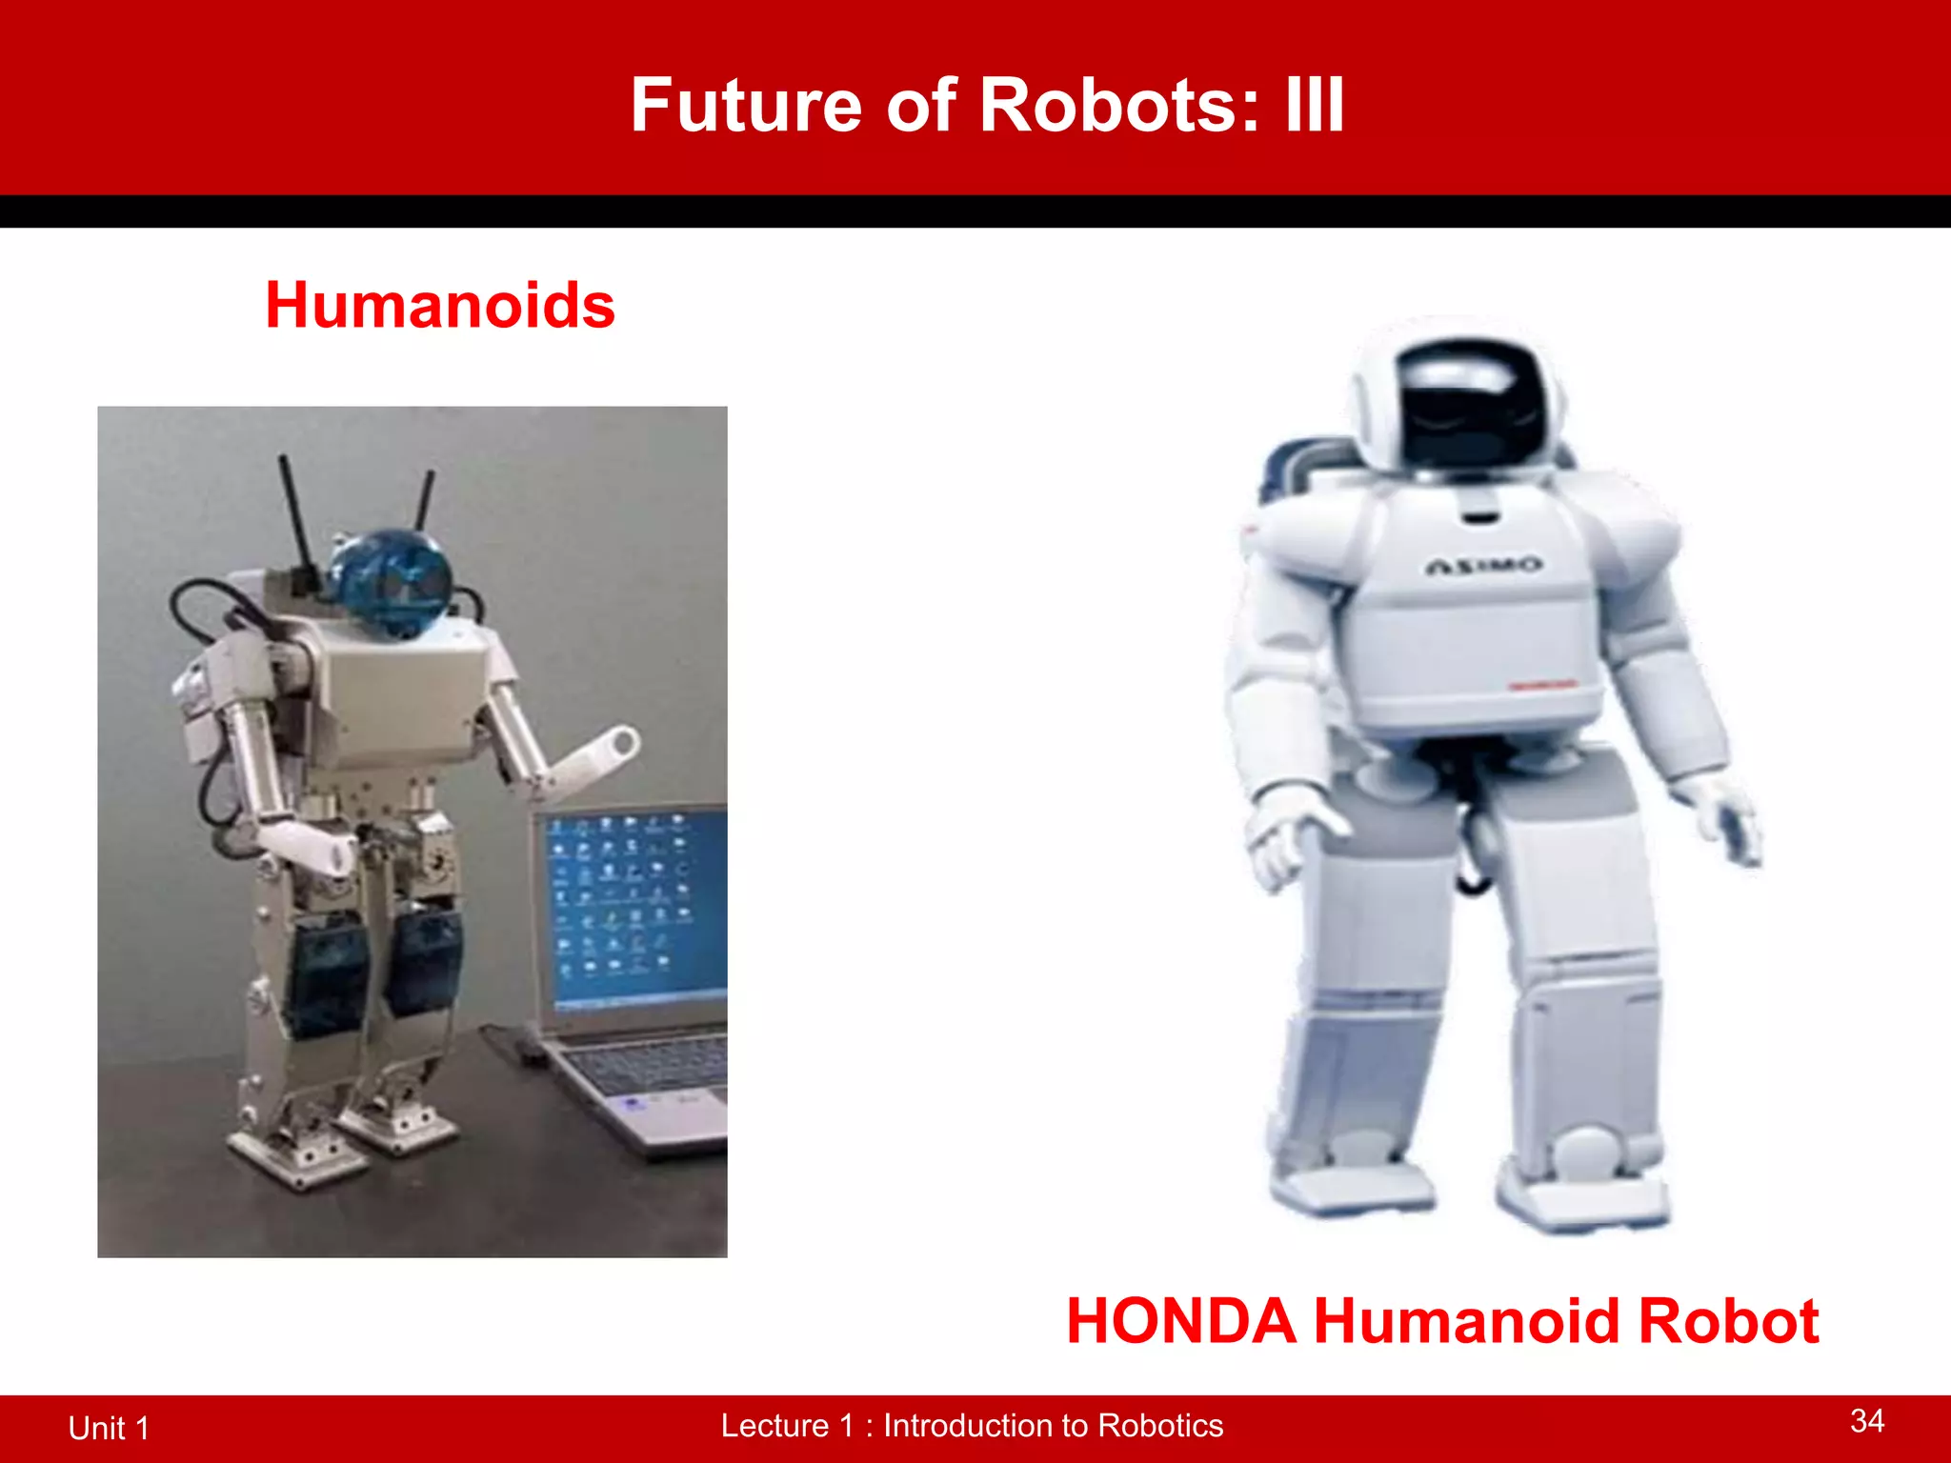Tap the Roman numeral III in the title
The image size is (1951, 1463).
[x=1314, y=105]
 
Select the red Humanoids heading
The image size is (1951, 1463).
[x=440, y=306]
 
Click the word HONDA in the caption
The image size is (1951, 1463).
[x=1180, y=1322]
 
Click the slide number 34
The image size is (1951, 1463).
[x=1866, y=1421]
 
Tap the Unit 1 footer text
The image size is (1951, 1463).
[x=109, y=1428]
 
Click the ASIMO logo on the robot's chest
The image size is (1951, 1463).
[x=1483, y=566]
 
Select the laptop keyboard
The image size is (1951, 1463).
[x=657, y=1067]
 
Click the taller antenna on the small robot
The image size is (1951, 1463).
[x=294, y=514]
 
